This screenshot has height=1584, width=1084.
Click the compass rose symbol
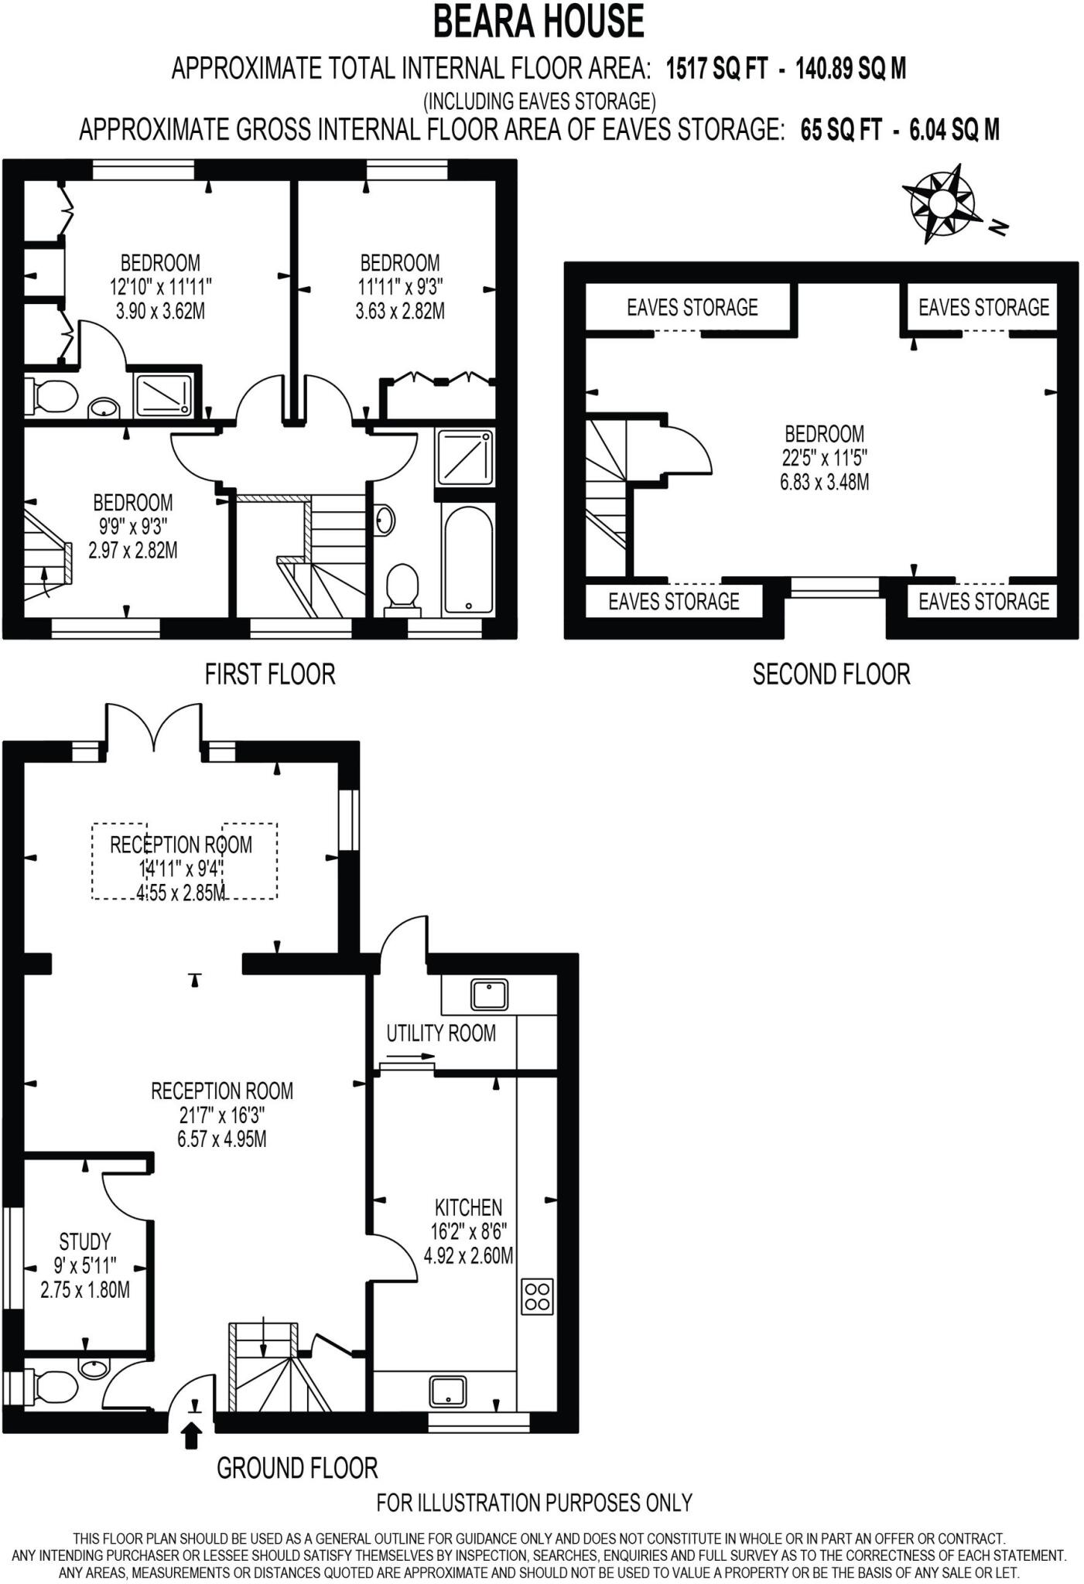[942, 203]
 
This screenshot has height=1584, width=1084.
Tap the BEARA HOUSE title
[539, 22]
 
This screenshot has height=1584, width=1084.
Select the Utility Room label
[441, 1033]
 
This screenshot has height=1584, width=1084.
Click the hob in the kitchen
[538, 1297]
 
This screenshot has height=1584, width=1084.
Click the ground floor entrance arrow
[193, 1436]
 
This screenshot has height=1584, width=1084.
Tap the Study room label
[85, 1241]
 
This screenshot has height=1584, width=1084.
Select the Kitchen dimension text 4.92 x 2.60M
[468, 1255]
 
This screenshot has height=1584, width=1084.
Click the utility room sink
[490, 994]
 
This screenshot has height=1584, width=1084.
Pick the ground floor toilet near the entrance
[50, 1387]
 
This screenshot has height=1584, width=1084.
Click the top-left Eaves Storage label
[692, 308]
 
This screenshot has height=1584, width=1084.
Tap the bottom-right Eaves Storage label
[983, 601]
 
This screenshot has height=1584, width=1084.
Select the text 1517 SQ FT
[716, 69]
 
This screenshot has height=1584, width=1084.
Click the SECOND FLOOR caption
[831, 674]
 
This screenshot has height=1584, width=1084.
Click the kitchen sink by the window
[448, 1392]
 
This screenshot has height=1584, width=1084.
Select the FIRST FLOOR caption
[269, 674]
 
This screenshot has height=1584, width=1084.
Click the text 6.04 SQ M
[954, 129]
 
